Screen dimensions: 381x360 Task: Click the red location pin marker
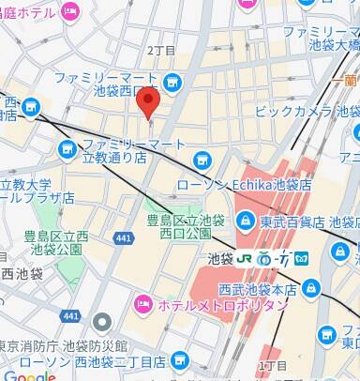tap(148, 101)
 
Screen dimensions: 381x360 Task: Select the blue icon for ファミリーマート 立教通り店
tap(67, 148)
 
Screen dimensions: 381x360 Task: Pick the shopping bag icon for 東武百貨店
tap(244, 222)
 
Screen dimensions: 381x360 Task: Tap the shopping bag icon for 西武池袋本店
tap(308, 287)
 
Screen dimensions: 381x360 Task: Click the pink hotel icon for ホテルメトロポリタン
tap(142, 303)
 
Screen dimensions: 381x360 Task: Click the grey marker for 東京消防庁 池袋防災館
tap(101, 324)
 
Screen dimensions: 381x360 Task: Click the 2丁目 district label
tap(161, 49)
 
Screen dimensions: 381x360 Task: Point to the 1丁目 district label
tap(272, 363)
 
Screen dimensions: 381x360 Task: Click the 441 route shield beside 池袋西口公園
tap(123, 240)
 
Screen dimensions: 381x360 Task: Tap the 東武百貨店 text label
tap(291, 222)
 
